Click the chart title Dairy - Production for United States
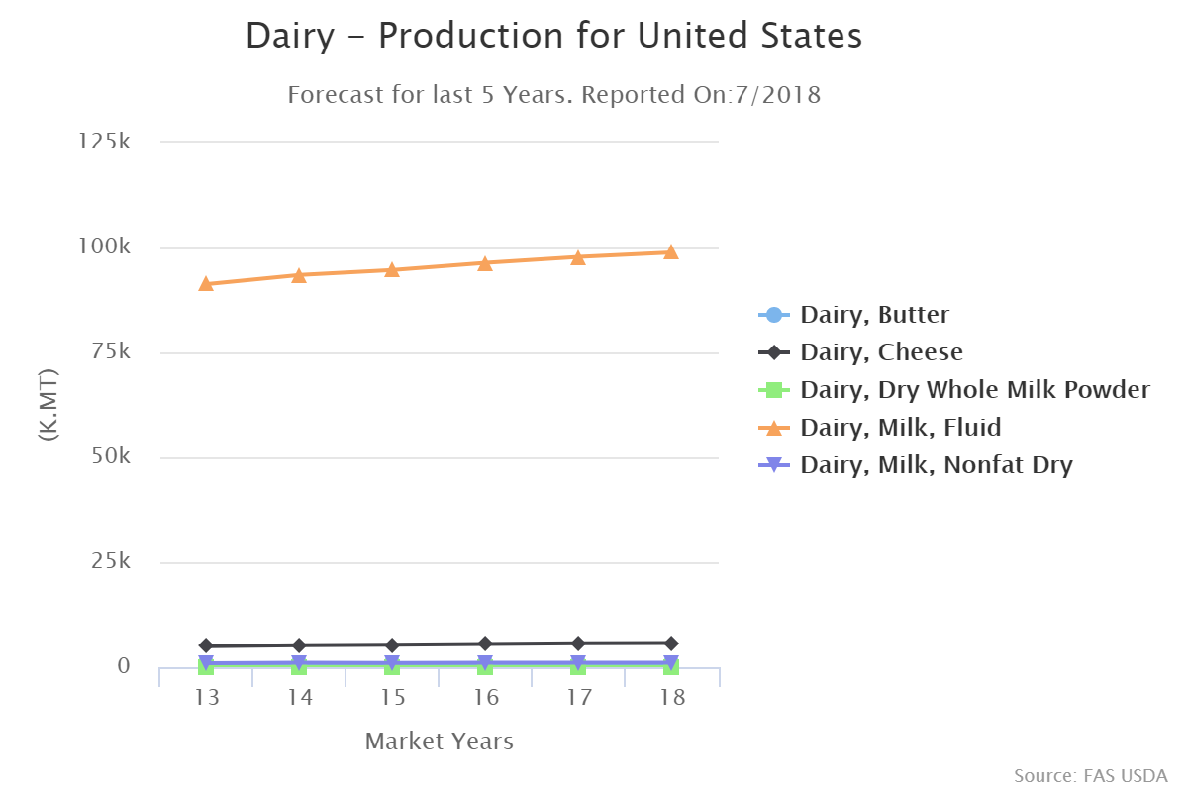(x=553, y=37)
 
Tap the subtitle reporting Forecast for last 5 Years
(x=553, y=96)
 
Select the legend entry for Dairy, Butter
(x=874, y=315)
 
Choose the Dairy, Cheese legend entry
(x=881, y=352)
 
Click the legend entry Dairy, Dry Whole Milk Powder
(x=975, y=390)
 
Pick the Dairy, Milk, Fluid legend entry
(x=900, y=428)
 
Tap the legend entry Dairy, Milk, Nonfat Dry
(x=936, y=465)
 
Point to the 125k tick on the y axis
(x=105, y=142)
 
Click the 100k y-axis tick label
(x=105, y=247)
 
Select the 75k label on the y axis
(x=111, y=351)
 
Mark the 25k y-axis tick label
(x=111, y=562)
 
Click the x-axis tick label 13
(x=206, y=698)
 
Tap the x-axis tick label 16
(x=485, y=698)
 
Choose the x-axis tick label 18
(x=671, y=698)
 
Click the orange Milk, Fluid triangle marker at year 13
(x=206, y=284)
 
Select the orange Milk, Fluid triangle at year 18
(x=671, y=252)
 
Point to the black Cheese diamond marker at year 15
(x=392, y=645)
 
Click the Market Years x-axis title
(x=439, y=742)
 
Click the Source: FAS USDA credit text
(x=1090, y=775)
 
